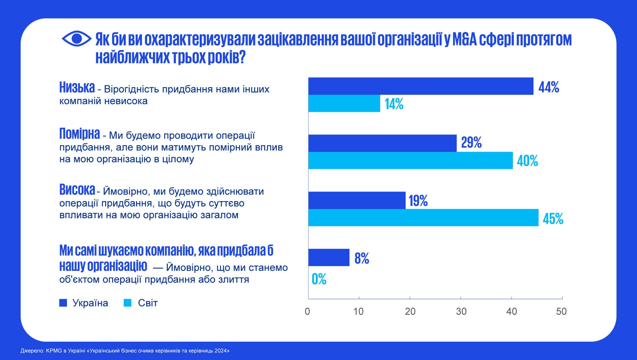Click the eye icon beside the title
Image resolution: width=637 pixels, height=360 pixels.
click(x=77, y=39)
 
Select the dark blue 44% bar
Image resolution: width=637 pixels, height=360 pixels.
click(x=421, y=86)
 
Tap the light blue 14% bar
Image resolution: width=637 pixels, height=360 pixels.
click(x=344, y=103)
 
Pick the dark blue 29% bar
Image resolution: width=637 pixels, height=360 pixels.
click(x=382, y=143)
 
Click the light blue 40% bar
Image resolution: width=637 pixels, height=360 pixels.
click(x=410, y=160)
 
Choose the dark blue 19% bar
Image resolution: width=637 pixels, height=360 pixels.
click(x=357, y=200)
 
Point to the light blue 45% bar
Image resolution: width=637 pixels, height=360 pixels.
click(x=423, y=218)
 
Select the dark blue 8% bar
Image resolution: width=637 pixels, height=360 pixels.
click(x=329, y=257)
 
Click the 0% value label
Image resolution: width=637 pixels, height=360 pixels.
click(x=319, y=279)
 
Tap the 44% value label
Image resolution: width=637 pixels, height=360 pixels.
click(x=549, y=87)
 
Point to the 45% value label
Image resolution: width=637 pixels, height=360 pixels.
click(x=553, y=219)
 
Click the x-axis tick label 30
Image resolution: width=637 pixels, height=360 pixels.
click(x=461, y=312)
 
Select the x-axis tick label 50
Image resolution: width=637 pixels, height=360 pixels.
click(x=561, y=312)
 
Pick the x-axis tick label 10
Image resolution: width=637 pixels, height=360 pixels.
click(x=358, y=312)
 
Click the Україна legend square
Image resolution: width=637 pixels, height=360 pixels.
click(x=63, y=303)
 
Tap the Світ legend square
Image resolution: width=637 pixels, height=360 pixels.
click(x=128, y=303)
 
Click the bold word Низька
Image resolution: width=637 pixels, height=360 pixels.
click(x=77, y=88)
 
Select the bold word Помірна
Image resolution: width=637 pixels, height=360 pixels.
click(x=80, y=134)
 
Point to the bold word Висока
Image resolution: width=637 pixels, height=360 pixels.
click(x=77, y=190)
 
